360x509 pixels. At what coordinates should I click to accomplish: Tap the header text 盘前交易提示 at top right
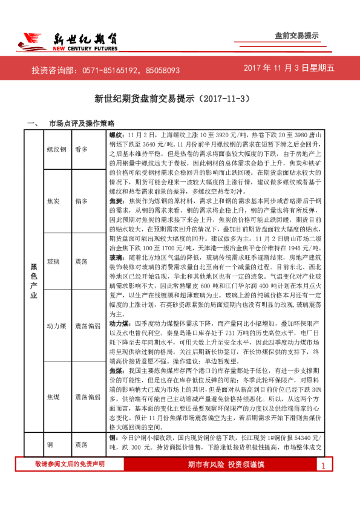(x=296, y=36)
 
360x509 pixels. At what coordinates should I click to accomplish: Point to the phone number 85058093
(x=161, y=70)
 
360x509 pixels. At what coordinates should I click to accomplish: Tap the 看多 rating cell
(x=82, y=149)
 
